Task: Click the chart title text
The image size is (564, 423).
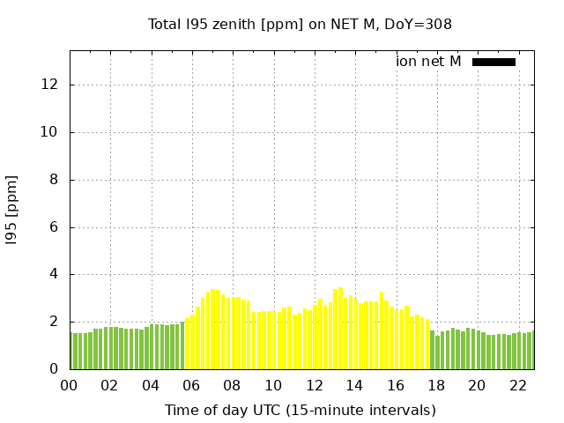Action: point(300,24)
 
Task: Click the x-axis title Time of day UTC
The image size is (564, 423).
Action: point(300,410)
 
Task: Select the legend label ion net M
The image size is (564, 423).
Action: point(428,62)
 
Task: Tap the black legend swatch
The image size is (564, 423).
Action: point(493,62)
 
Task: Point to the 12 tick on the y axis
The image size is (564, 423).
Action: point(51,85)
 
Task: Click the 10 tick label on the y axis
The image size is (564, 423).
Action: point(51,132)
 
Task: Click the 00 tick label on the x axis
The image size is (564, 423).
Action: point(69,385)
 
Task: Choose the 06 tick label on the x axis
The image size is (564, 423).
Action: point(191,385)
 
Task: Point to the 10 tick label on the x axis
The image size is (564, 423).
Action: point(273,385)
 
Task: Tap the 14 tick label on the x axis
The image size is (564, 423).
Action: point(354,385)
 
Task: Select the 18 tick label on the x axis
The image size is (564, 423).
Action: point(436,385)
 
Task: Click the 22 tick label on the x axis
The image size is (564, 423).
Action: point(517,385)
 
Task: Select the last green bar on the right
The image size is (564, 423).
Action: point(531,351)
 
